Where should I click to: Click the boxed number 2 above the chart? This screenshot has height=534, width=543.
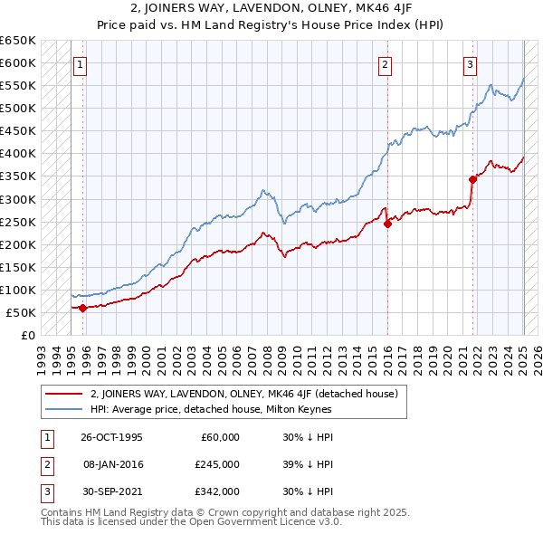(x=385, y=64)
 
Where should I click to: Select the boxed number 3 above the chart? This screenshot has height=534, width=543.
(x=471, y=64)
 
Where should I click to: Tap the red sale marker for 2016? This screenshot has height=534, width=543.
(x=387, y=223)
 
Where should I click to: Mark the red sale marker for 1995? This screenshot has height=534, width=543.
(x=82, y=308)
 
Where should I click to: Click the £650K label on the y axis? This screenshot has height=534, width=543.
(x=18, y=41)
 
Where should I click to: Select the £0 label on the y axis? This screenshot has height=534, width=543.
(x=28, y=336)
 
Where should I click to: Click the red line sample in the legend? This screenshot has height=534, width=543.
(x=63, y=394)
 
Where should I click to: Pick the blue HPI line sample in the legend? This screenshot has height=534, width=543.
(x=63, y=409)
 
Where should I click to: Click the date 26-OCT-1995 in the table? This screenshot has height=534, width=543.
(x=111, y=437)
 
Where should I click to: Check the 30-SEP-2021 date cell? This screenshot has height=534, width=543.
(x=111, y=491)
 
